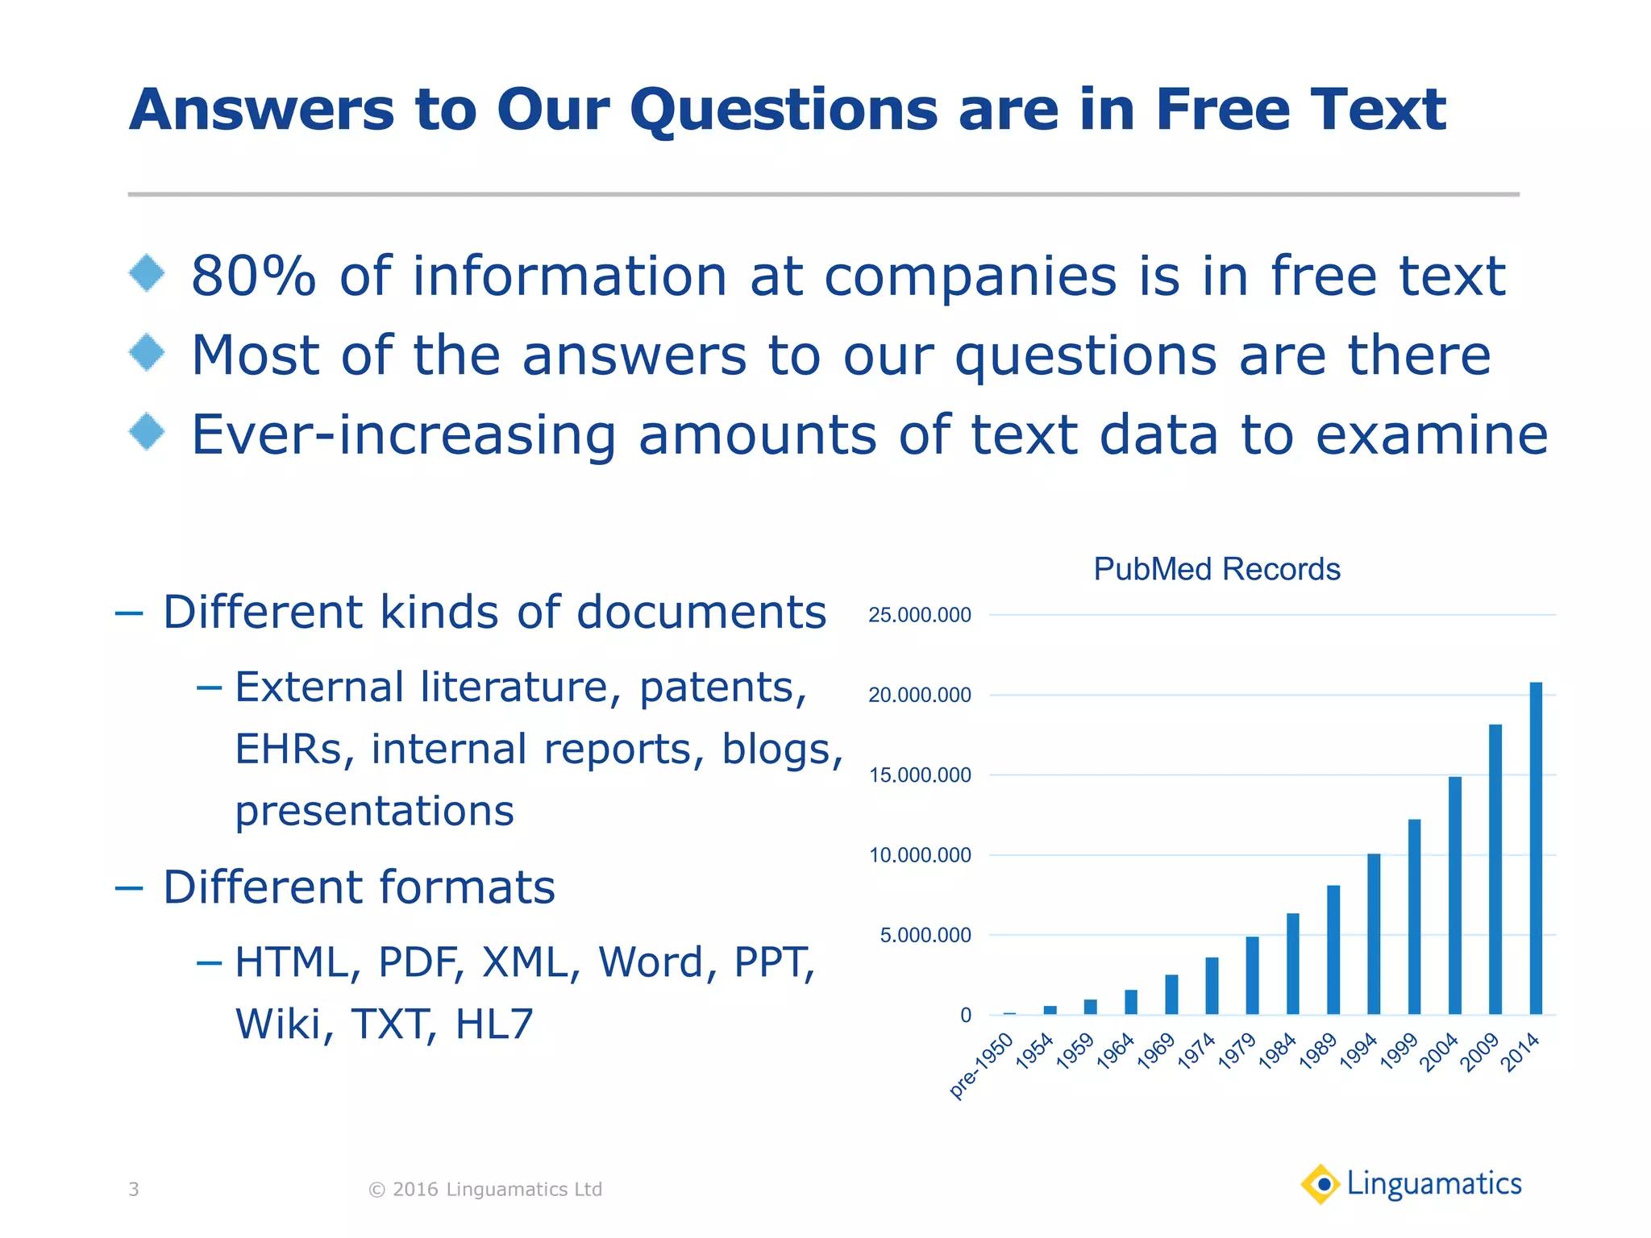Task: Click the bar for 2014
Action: pos(1536,848)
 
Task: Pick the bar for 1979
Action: pos(1252,975)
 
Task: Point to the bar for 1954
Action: pos(1050,1009)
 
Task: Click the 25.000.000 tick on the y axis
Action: pos(920,616)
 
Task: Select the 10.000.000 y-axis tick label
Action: pos(920,856)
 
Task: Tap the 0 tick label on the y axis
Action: pos(966,1016)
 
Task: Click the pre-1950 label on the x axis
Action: pos(981,1066)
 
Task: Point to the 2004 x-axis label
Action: pos(1439,1053)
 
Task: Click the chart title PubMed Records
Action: pos(1216,569)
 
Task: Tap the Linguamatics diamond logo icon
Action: pos(1320,1185)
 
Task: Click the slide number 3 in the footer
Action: pos(134,1190)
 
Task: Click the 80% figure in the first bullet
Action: pos(253,276)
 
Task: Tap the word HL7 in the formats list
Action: pos(494,1024)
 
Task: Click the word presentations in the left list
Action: pos(375,812)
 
